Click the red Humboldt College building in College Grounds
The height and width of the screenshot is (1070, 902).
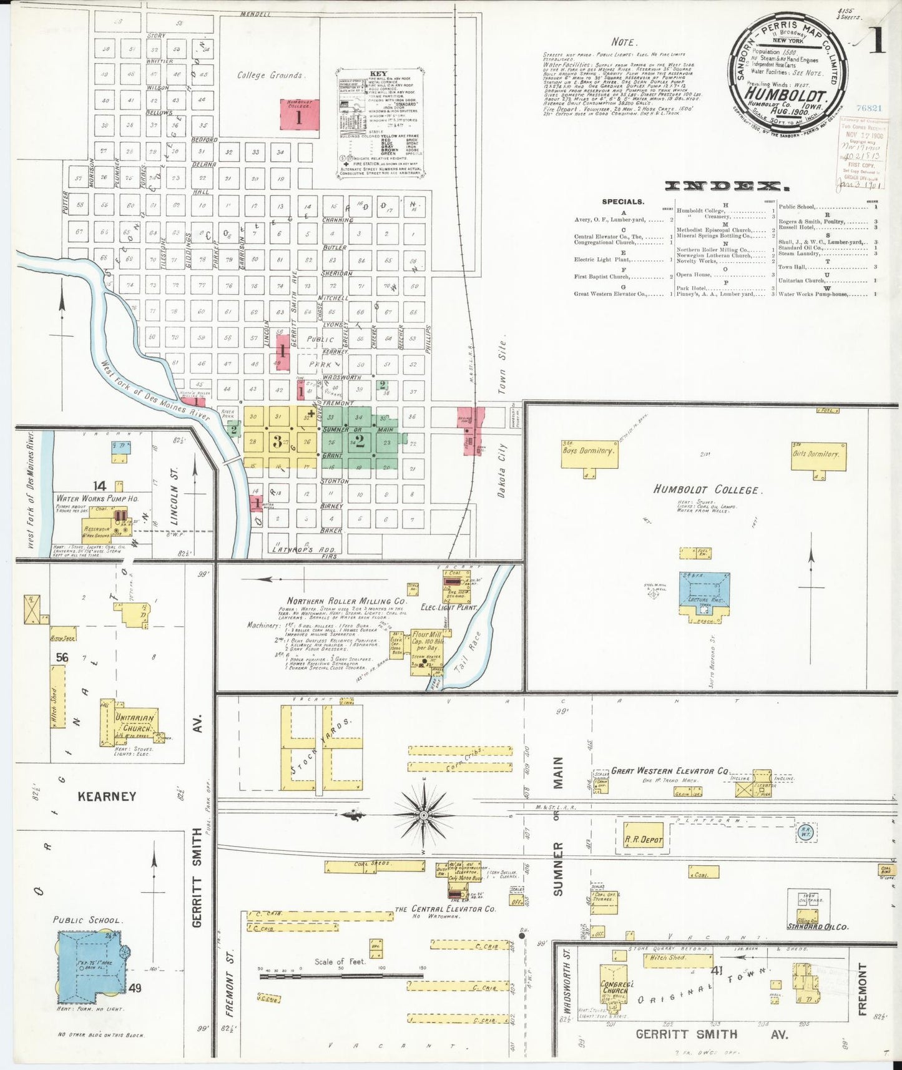[x=299, y=115]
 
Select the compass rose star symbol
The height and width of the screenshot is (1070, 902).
[x=424, y=815]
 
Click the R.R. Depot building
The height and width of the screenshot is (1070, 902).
[x=644, y=840]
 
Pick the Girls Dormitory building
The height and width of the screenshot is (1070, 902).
[x=818, y=456]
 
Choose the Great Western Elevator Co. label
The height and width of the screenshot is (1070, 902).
[x=670, y=771]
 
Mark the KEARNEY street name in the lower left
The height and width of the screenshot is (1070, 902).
[x=107, y=796]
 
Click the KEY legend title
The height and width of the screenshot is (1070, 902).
[x=378, y=74]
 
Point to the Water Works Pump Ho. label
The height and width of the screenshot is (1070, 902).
[x=97, y=498]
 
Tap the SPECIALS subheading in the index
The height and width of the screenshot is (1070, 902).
[x=623, y=202]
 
